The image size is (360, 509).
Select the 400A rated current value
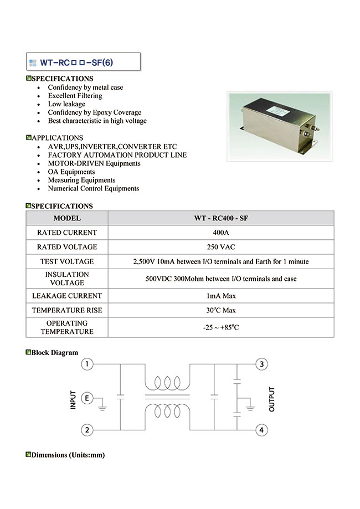pyautogui.click(x=220, y=233)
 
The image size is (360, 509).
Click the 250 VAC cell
pyautogui.click(x=220, y=247)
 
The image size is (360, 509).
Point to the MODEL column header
pyautogui.click(x=66, y=218)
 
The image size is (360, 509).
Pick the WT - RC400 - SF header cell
pyautogui.click(x=220, y=218)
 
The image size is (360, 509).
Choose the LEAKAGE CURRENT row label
pyautogui.click(x=66, y=296)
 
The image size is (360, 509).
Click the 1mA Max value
pyautogui.click(x=220, y=296)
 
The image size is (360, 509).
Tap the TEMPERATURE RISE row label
pyautogui.click(x=66, y=311)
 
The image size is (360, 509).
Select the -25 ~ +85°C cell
pyautogui.click(x=220, y=327)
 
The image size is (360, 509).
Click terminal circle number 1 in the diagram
pyautogui.click(x=87, y=364)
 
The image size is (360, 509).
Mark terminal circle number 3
pyautogui.click(x=262, y=364)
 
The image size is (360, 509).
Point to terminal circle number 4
pyautogui.click(x=262, y=430)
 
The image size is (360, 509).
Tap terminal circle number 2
pyautogui.click(x=87, y=430)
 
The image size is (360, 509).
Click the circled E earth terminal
pyautogui.click(x=87, y=398)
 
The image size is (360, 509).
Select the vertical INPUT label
pyautogui.click(x=73, y=400)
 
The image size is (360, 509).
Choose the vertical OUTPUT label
pyautogui.click(x=272, y=399)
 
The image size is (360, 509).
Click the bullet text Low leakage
pyautogui.click(x=66, y=104)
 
